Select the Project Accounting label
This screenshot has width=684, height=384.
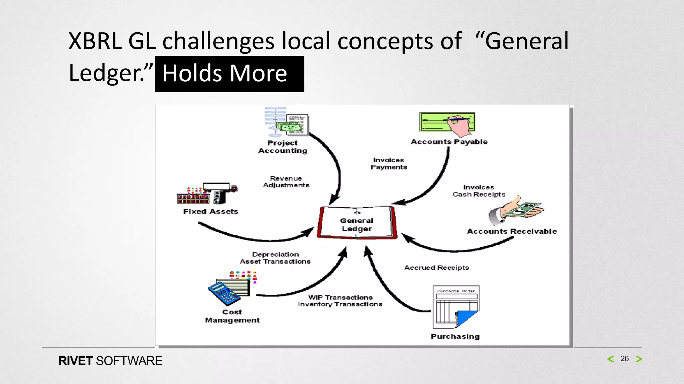283,147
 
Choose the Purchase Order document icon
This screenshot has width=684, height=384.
456,307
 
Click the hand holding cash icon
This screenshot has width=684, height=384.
516,211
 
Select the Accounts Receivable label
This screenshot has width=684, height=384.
512,231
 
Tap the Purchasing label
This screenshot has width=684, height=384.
455,336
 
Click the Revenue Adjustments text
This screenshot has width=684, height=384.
286,182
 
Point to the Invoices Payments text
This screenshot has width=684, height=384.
389,164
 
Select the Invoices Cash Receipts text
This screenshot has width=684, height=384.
479,191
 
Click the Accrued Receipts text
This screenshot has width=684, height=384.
437,268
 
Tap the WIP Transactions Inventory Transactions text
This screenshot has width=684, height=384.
340,301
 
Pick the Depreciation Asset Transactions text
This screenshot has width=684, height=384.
275,258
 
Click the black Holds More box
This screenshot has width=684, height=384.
229,74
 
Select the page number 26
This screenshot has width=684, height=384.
624,359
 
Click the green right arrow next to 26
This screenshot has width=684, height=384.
639,359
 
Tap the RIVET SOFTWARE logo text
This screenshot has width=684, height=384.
110,361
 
